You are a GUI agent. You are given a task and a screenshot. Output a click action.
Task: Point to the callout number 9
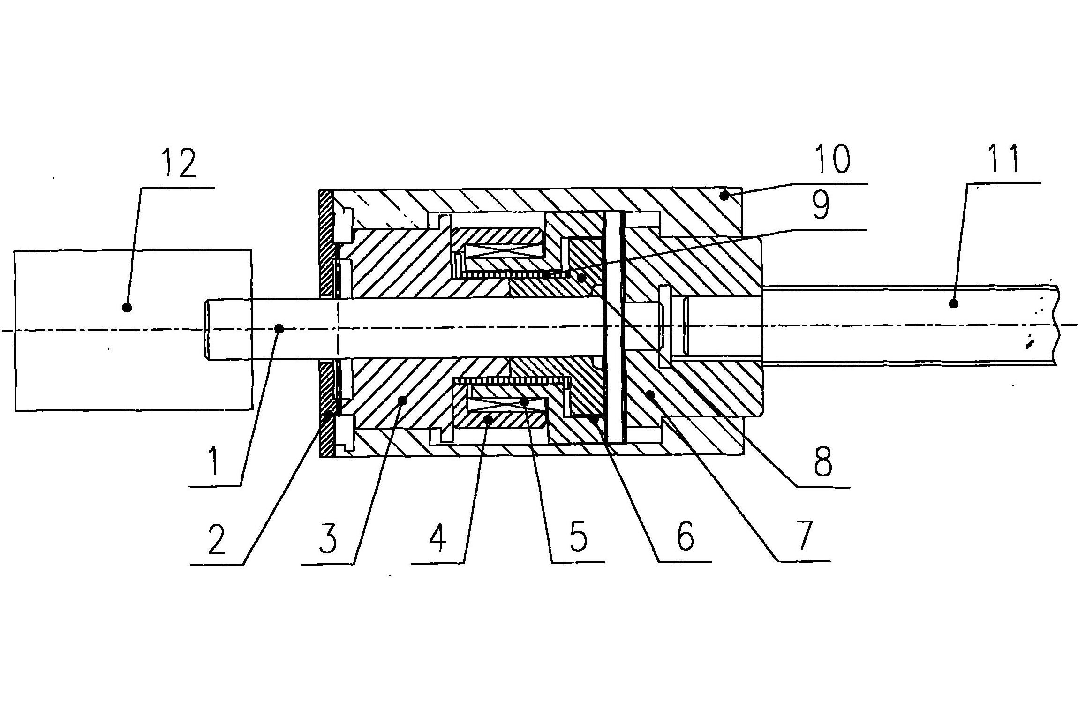coord(821,205)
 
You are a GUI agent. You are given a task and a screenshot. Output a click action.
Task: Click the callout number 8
coord(823,461)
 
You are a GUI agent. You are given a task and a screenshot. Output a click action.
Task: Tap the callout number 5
coord(578,537)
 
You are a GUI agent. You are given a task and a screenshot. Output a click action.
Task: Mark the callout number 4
coord(437,538)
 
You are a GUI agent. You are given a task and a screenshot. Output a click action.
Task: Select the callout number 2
coord(217,540)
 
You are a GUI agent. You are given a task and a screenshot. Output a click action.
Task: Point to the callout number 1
coord(214,461)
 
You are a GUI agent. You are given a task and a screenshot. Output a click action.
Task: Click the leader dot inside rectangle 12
coord(126,308)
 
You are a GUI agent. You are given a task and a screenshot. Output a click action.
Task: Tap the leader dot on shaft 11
coord(953,304)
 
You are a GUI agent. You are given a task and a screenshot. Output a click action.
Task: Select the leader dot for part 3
coord(402,400)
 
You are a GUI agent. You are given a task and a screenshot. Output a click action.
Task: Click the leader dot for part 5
coord(524,401)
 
